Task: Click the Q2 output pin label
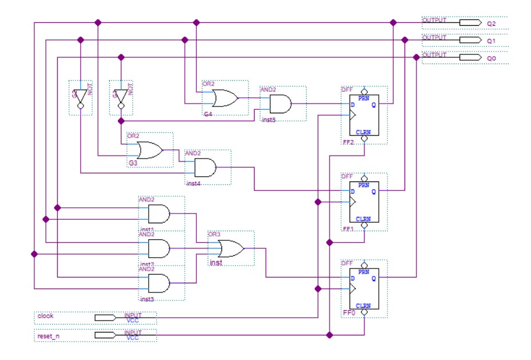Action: point(491,23)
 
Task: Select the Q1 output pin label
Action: point(491,41)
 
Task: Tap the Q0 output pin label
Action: point(491,58)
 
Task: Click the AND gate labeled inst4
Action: point(205,168)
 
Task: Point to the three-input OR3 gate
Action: point(227,249)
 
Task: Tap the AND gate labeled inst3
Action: point(158,283)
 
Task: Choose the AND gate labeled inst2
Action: point(158,248)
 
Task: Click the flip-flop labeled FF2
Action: point(364,114)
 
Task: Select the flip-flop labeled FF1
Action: point(364,201)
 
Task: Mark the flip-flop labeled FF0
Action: point(364,288)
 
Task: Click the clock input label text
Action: point(45,316)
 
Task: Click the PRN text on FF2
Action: point(364,98)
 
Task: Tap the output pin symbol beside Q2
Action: point(470,23)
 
